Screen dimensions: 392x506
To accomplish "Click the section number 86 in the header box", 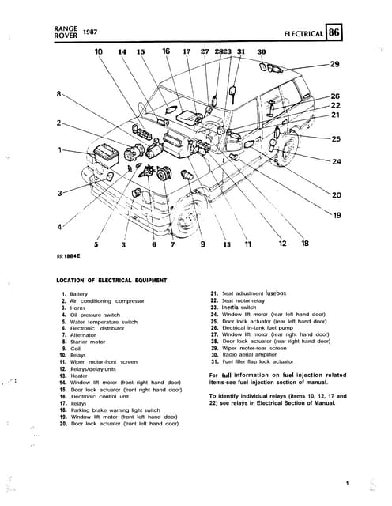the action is (334, 32).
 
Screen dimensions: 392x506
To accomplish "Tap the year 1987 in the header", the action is (90, 32).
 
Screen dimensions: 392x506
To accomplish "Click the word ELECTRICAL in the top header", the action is (303, 33).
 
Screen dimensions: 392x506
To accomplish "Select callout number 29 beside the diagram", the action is (335, 64).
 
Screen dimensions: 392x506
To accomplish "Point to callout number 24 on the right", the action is (337, 161).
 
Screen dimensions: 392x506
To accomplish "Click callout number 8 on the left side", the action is (58, 94).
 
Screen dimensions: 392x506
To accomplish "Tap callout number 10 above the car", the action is (99, 51).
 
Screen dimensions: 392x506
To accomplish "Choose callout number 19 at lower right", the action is (337, 215).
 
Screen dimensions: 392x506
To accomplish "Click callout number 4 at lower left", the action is (59, 227).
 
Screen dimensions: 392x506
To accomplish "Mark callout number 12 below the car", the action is (282, 244).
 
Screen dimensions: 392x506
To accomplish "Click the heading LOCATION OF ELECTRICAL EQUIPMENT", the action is (111, 281).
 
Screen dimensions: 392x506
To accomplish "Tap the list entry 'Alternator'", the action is (83, 335).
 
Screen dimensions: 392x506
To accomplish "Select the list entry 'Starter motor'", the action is (88, 342).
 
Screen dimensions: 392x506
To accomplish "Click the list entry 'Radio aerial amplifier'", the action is (250, 355).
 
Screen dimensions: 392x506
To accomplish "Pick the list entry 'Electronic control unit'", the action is (100, 397).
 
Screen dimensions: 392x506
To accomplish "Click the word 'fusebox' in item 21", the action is (276, 293).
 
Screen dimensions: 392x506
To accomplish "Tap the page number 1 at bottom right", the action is (347, 483).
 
